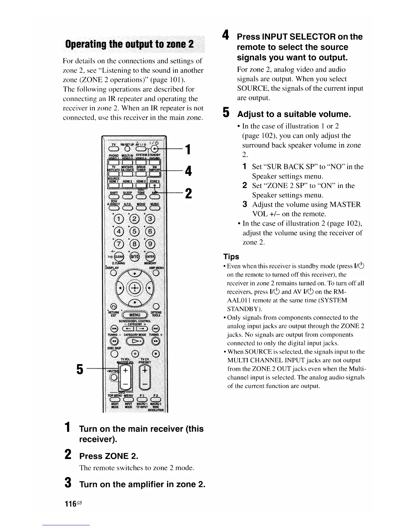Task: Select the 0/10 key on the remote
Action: pos(135,257)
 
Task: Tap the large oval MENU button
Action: pos(135,315)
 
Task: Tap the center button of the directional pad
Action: pos(135,288)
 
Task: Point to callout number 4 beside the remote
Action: pos(188,171)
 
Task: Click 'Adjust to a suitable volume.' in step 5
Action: pos(294,114)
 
